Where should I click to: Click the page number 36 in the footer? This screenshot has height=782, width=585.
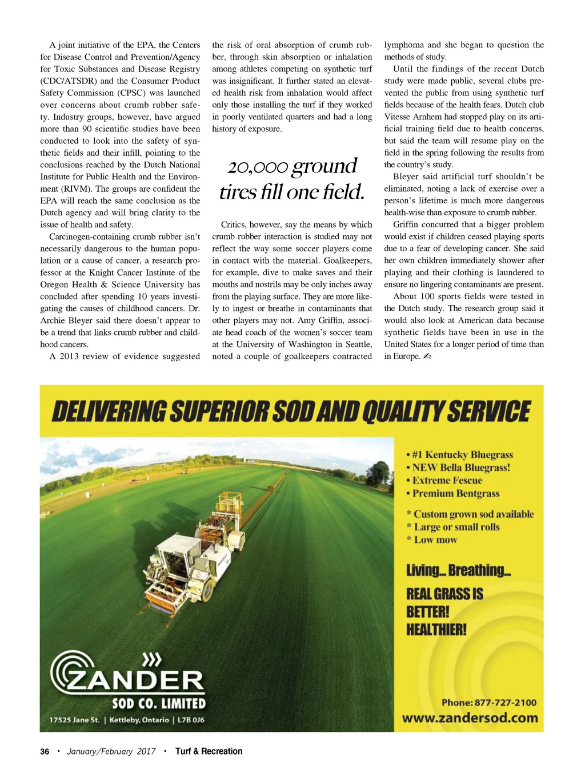[x=45, y=751]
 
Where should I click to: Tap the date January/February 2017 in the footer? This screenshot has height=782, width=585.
[x=111, y=751]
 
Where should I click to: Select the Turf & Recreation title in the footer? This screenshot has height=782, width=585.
[x=209, y=751]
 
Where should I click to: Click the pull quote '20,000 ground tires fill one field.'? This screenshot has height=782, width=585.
[x=292, y=179]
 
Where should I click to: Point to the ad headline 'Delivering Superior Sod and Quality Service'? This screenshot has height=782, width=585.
[x=291, y=411]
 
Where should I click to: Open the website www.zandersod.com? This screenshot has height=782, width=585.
[x=470, y=718]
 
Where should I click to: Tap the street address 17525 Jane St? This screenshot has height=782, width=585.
[x=74, y=720]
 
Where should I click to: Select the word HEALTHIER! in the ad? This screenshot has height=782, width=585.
[x=436, y=630]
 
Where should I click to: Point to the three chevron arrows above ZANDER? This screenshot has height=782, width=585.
[x=151, y=660]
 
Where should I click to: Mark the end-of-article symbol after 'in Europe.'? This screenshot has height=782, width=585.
[x=427, y=357]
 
